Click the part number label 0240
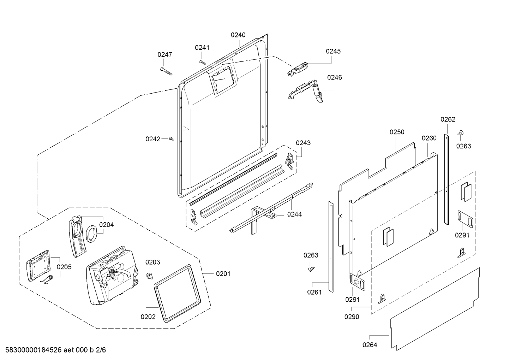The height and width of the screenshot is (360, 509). tap(238, 35)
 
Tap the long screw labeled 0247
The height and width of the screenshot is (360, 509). tap(166, 71)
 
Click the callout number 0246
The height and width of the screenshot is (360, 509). tap(335, 77)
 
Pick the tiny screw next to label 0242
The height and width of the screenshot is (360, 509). tap(172, 138)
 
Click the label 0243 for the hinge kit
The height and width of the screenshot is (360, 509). tap(303, 143)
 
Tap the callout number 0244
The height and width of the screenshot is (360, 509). tap(294, 214)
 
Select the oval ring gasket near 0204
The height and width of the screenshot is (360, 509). tap(91, 234)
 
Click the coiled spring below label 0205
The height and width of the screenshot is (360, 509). tap(47, 279)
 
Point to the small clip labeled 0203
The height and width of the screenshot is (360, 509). tap(149, 276)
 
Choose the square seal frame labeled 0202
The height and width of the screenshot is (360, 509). tap(177, 293)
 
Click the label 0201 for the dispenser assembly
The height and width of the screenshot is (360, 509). tap(223, 274)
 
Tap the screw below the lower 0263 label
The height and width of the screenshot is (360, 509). tap(311, 269)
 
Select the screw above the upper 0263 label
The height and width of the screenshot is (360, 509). tap(460, 133)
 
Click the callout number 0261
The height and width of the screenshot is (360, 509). tap(315, 292)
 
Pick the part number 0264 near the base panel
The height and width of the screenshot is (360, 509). tap(370, 345)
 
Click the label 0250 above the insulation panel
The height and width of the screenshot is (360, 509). tap(397, 132)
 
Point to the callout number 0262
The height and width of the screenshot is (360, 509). tap(448, 119)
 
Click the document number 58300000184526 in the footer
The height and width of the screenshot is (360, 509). tap(34, 350)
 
